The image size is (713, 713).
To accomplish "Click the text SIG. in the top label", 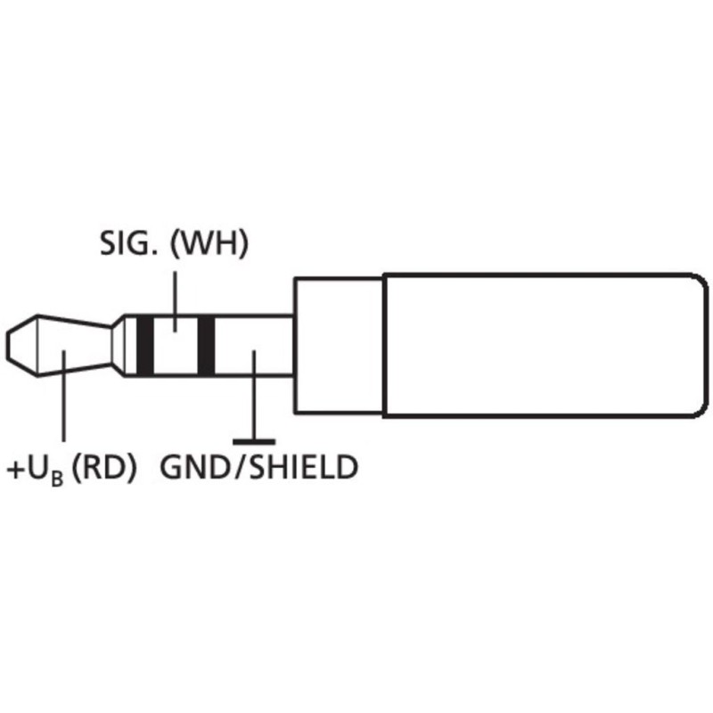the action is click(129, 243).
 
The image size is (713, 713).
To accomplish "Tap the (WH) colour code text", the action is click(209, 244).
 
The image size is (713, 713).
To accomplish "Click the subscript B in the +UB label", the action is click(57, 479).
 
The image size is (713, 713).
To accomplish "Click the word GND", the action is click(195, 467).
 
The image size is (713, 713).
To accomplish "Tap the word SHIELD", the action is click(303, 467).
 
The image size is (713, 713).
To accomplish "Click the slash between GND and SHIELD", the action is click(240, 467).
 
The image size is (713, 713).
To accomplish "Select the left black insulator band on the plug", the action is click(145, 346).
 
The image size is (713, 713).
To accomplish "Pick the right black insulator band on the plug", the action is click(206, 346).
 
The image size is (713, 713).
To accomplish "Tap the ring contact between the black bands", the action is click(176, 346).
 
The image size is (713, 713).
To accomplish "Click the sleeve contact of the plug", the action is click(254, 346).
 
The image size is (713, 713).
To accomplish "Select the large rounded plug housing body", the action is click(545, 346).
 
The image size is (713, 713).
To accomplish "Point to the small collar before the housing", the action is click(339, 346).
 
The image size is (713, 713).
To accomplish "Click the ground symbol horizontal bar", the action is click(254, 441).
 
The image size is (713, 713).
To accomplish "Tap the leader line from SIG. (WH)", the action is click(176, 301).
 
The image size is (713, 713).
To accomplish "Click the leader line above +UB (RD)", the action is click(63, 396).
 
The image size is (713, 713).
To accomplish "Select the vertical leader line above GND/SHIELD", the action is click(254, 395).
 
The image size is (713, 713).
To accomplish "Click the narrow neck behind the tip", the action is click(124, 346).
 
